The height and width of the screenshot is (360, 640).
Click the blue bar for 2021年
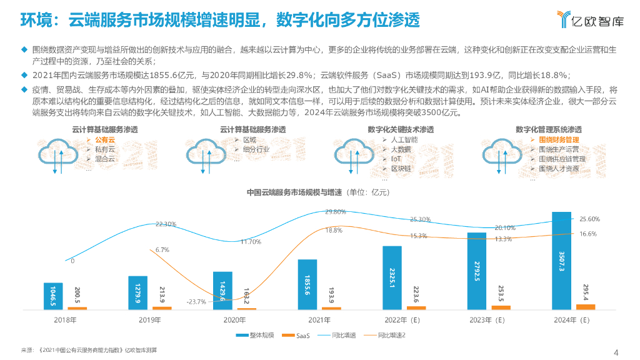pos(307,284)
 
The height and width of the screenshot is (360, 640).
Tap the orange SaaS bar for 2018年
pos(77,308)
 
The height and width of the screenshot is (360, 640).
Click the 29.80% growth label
pos(336,212)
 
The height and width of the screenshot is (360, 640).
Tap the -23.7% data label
pos(196,302)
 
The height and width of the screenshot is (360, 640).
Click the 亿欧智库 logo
pos(589,20)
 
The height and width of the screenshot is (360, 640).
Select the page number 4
pos(616,351)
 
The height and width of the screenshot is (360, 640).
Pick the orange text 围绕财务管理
pos(559,140)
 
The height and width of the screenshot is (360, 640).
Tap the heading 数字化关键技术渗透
pos(401,129)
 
